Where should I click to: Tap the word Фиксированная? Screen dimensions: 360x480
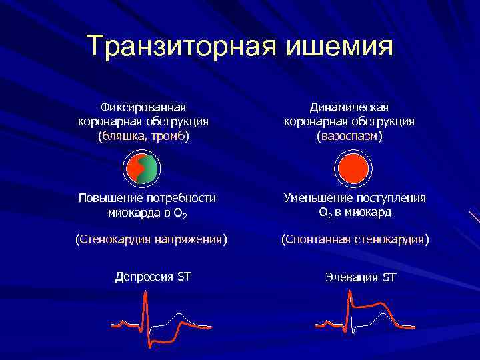[x=143, y=107]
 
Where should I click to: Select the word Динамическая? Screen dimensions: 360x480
[x=349, y=107]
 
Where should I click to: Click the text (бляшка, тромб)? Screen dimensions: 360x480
[x=143, y=136]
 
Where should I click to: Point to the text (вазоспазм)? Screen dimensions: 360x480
[x=349, y=136]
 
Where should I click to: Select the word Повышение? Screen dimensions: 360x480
[x=106, y=198]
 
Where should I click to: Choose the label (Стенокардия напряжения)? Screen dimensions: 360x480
[x=151, y=238]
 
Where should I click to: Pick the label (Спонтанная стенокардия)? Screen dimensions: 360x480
[x=355, y=238]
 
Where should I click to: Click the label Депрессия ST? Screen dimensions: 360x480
[x=153, y=276]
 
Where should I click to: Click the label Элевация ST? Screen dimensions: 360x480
[x=361, y=276]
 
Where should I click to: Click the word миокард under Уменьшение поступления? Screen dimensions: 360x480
[x=369, y=213]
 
